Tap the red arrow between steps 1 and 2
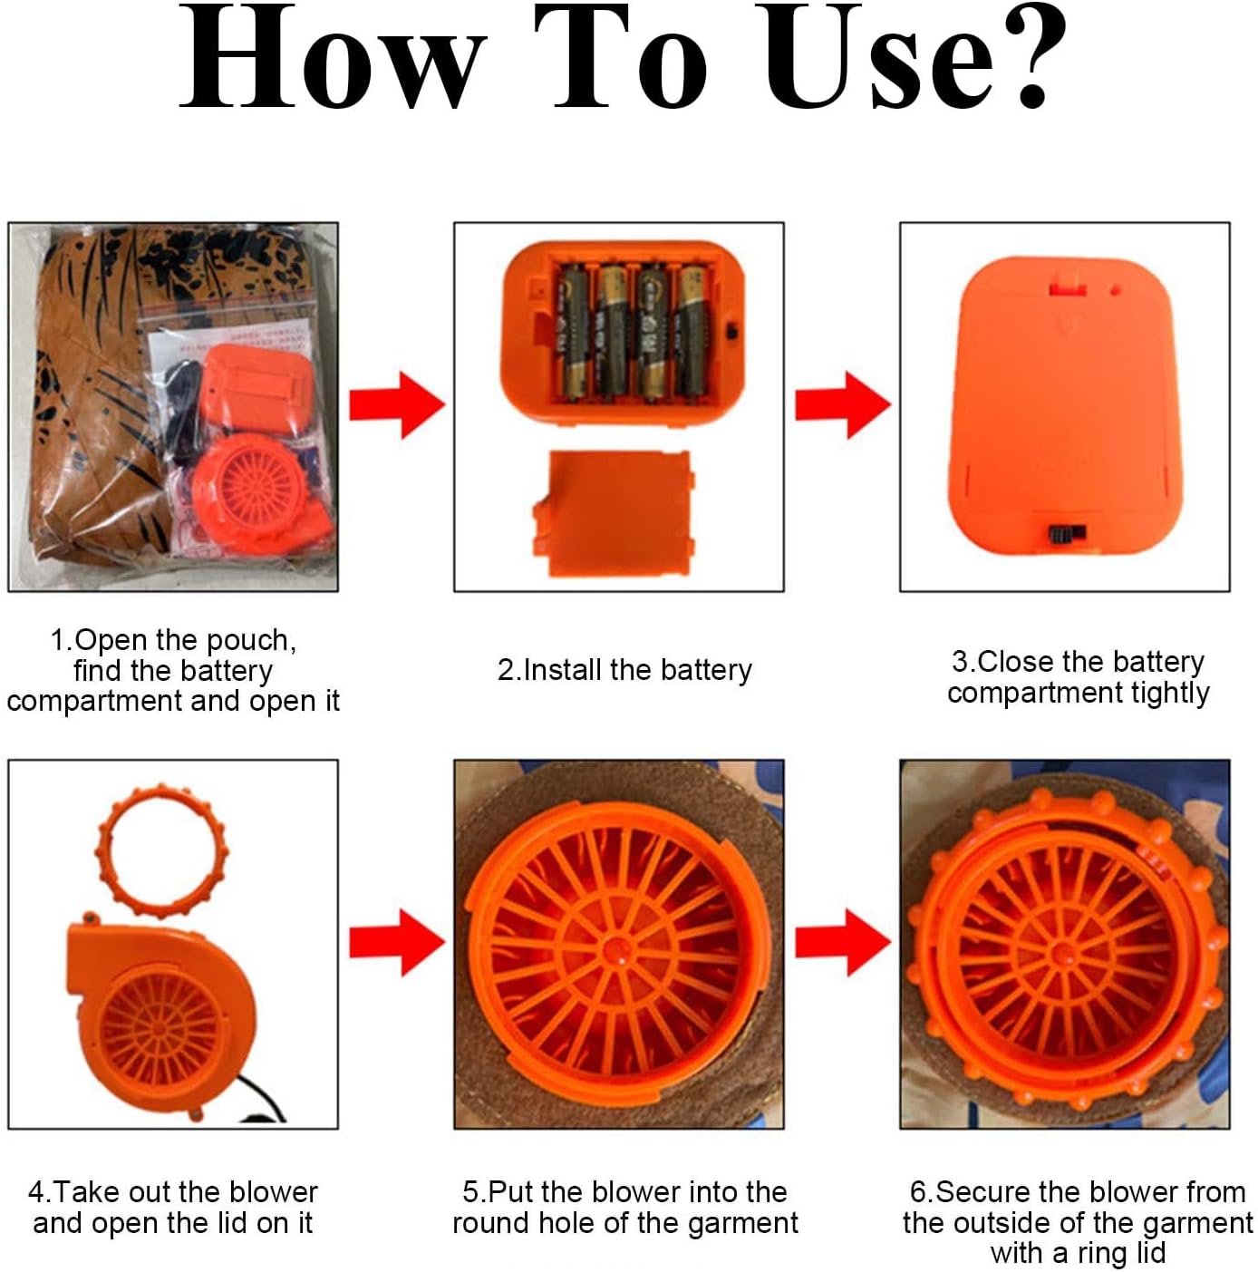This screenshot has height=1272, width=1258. (397, 404)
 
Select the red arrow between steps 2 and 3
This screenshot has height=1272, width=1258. (843, 404)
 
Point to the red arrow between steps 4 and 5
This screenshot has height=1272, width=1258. (397, 942)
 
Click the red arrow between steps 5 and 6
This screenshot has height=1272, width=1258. (843, 942)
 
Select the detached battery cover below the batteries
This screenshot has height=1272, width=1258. (614, 513)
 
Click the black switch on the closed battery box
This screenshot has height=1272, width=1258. (1067, 533)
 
